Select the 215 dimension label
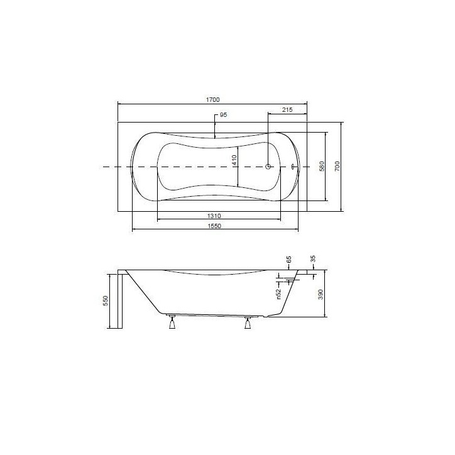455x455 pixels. pyautogui.click(x=287, y=110)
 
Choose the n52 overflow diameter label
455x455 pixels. pyautogui.click(x=278, y=293)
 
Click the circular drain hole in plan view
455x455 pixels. pyautogui.click(x=268, y=167)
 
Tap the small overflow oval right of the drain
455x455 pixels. pyautogui.click(x=293, y=167)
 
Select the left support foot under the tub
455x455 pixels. pyautogui.click(x=170, y=323)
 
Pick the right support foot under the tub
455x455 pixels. pyautogui.click(x=248, y=323)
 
